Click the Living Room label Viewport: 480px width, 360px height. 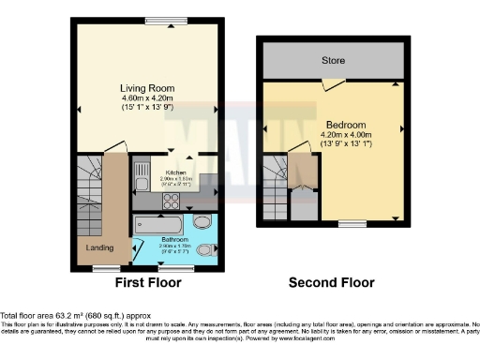coord(147,88)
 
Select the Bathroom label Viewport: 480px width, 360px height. coord(174,240)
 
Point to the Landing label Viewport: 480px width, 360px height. coord(99,248)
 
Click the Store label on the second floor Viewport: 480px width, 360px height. coord(333,61)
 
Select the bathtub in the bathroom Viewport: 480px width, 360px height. coord(162,224)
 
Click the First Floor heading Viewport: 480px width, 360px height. coord(147,282)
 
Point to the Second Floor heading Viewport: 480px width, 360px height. coord(331,282)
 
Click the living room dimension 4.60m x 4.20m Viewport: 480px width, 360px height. coord(147,98)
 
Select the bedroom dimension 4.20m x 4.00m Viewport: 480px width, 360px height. coord(346,135)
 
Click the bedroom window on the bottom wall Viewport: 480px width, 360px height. coord(352,222)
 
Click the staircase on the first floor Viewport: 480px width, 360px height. coord(91,187)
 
